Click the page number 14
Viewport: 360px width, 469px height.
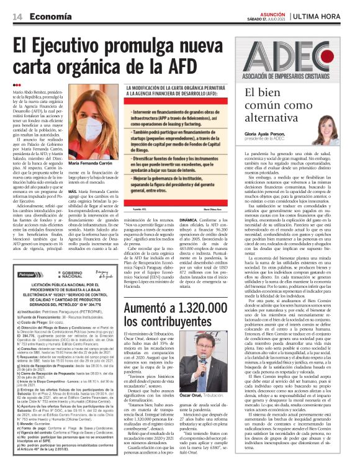click(x=17, y=16)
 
